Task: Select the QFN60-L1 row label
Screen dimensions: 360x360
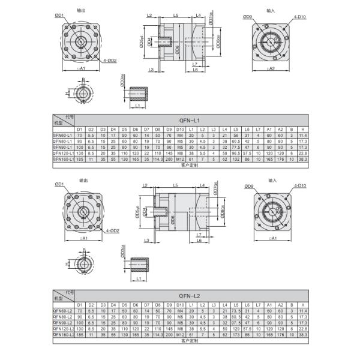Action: click(63, 136)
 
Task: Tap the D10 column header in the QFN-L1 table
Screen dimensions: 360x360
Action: click(179, 130)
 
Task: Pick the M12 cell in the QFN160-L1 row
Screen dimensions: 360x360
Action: click(179, 158)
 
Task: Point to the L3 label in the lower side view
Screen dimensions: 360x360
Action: click(146, 240)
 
